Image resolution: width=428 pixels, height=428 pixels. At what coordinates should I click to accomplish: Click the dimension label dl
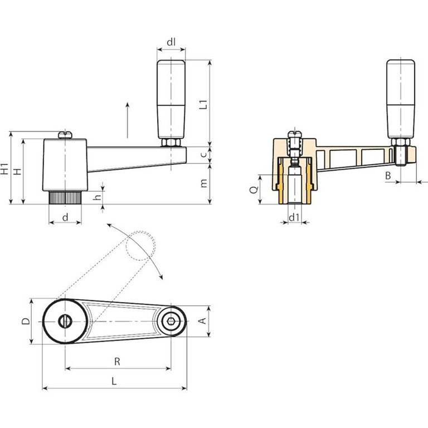click(x=171, y=42)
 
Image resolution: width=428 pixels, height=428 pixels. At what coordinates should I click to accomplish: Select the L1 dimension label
click(x=203, y=105)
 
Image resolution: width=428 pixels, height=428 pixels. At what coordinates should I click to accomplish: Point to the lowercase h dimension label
click(x=97, y=196)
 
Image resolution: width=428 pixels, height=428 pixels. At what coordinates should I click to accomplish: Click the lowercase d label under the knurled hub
click(x=65, y=217)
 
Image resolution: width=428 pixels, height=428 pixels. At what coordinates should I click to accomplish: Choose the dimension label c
click(x=203, y=155)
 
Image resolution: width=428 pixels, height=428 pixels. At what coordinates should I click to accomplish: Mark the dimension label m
click(x=203, y=183)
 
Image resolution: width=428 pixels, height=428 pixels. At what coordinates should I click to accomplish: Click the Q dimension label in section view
click(x=254, y=189)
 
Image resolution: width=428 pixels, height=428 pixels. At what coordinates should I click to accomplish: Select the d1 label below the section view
click(x=294, y=217)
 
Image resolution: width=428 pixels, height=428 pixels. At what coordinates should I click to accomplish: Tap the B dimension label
click(x=388, y=176)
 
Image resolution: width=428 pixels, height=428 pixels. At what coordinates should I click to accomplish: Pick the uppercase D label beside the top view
click(x=26, y=321)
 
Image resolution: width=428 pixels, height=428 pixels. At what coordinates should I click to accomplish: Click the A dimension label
click(x=203, y=321)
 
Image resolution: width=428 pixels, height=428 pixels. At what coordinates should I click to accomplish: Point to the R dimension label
click(x=117, y=362)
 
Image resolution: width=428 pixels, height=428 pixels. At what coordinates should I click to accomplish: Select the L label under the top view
click(x=114, y=381)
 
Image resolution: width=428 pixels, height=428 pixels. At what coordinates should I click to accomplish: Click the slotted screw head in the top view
click(x=65, y=321)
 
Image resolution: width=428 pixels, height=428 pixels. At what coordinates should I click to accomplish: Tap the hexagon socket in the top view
click(x=171, y=321)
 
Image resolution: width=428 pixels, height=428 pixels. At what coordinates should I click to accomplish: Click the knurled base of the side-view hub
click(x=65, y=198)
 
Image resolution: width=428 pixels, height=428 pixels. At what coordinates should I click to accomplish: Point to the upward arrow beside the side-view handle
click(x=128, y=120)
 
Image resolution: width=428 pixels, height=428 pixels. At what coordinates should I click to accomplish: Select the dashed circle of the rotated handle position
click(x=141, y=246)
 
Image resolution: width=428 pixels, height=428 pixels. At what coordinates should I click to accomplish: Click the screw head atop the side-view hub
click(x=65, y=135)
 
